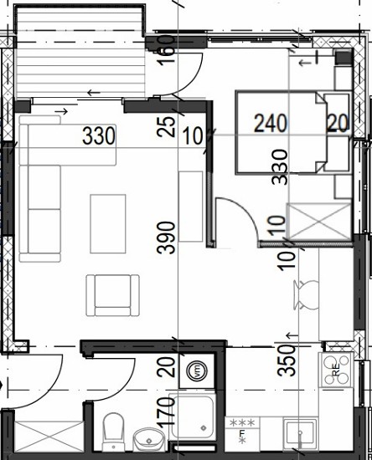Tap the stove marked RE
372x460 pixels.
click(336, 370)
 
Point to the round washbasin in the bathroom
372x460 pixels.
click(148, 439)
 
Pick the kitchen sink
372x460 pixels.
click(300, 434)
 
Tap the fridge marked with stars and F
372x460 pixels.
click(242, 434)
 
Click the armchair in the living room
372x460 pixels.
click(113, 295)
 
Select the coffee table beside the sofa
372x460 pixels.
click(108, 223)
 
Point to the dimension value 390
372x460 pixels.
click(166, 238)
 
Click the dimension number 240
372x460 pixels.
click(271, 124)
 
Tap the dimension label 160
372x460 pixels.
click(167, 50)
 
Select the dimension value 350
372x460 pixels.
click(287, 360)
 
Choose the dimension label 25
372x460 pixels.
click(166, 127)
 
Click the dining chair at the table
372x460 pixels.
click(307, 295)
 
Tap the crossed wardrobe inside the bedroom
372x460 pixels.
click(319, 222)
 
